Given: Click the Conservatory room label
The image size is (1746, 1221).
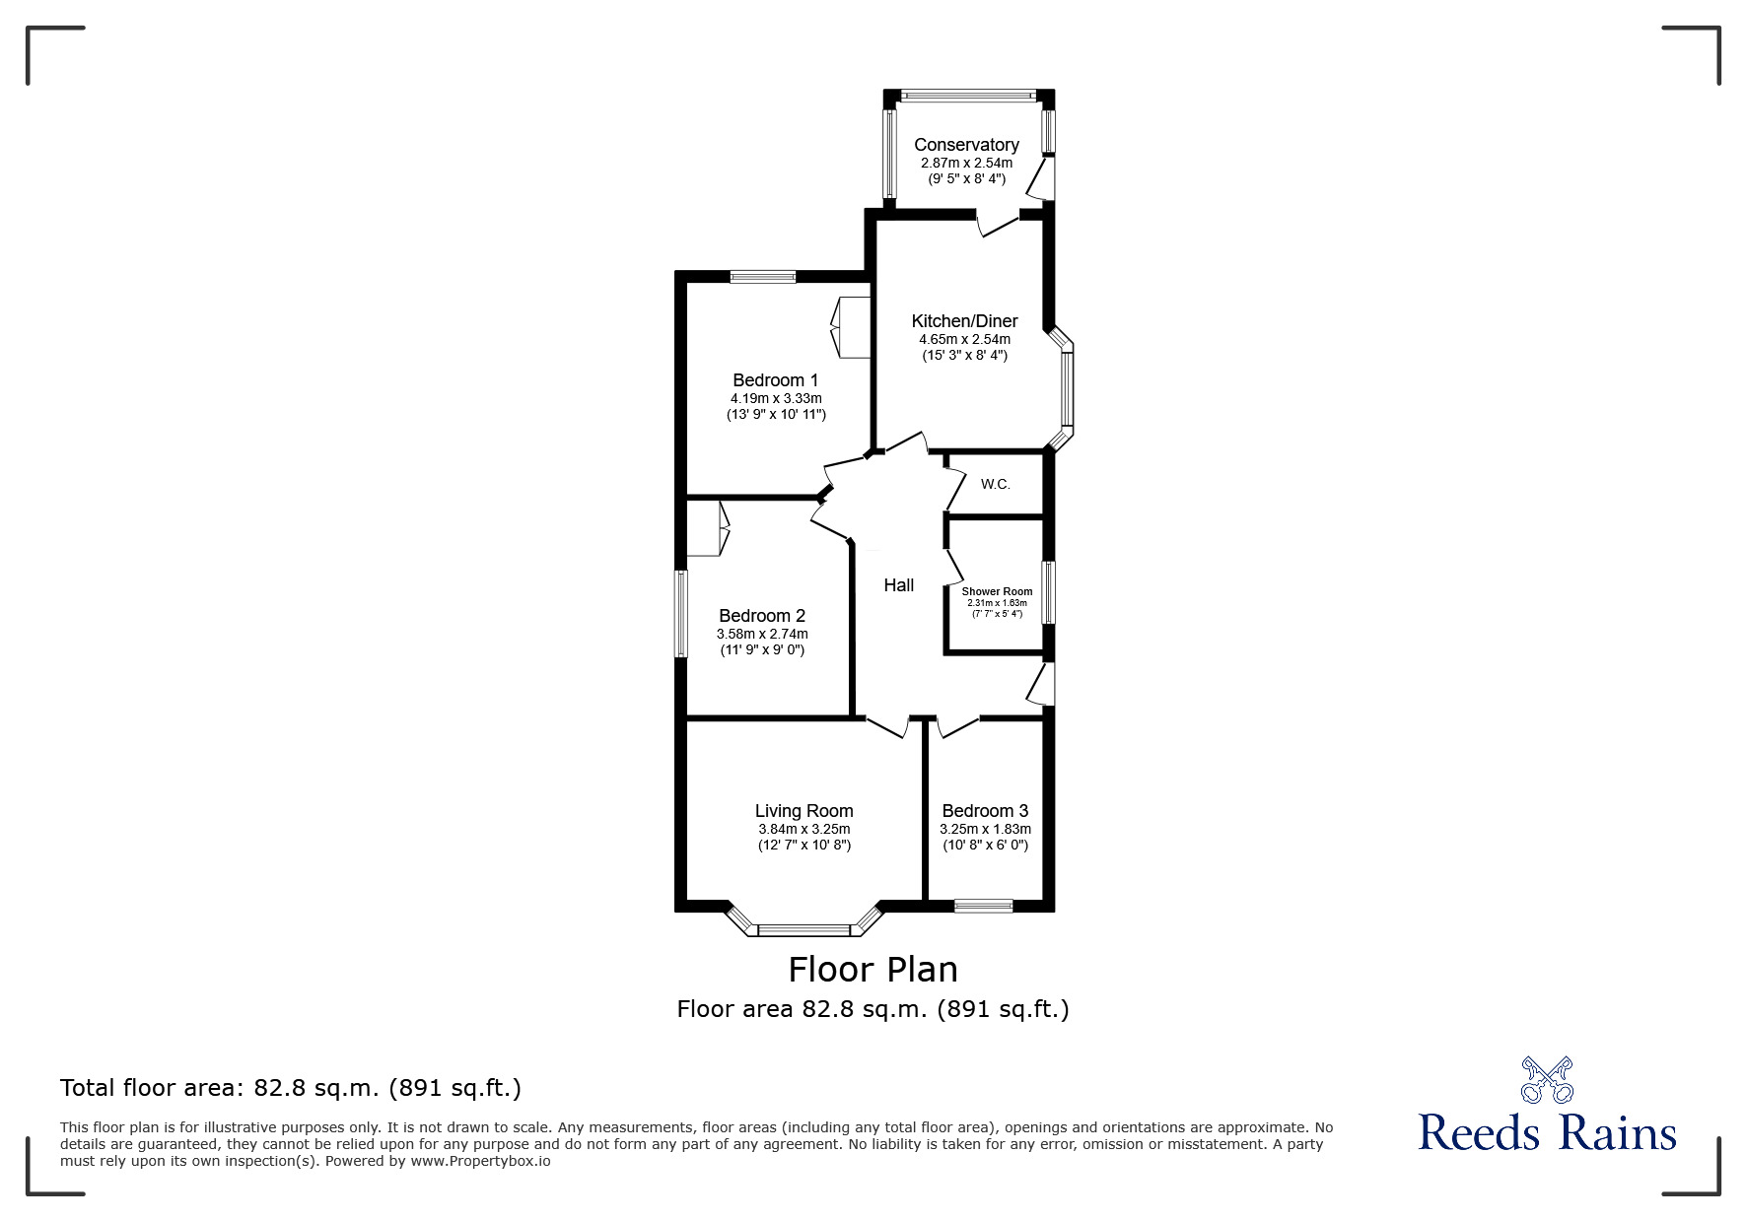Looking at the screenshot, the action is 966,145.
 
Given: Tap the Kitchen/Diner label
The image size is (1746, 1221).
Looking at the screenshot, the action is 964,321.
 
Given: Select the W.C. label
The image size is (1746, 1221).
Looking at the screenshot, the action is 996,484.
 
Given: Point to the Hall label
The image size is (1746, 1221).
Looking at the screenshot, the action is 898,585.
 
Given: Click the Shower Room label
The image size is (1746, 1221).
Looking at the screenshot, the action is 997,592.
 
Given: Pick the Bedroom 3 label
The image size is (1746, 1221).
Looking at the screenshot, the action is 985,811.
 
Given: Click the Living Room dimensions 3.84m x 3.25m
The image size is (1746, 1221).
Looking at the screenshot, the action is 803,830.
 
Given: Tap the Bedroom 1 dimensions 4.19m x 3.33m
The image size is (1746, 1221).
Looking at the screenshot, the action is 776,398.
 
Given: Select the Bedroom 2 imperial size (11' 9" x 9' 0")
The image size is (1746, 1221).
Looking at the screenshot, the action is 762,650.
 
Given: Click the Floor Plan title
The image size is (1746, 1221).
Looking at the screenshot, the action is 873,970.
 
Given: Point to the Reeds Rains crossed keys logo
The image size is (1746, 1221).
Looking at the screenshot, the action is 1547,1080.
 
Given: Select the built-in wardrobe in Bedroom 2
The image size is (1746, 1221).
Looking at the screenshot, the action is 707,528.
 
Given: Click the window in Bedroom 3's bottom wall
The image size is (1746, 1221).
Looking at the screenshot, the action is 983,906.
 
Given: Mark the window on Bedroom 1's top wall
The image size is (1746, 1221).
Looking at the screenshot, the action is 763,277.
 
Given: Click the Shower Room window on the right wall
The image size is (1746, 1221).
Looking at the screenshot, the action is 1049,591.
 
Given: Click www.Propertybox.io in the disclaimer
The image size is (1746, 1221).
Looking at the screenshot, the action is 480,1161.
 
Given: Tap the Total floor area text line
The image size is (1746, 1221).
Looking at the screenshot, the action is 291,1088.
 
